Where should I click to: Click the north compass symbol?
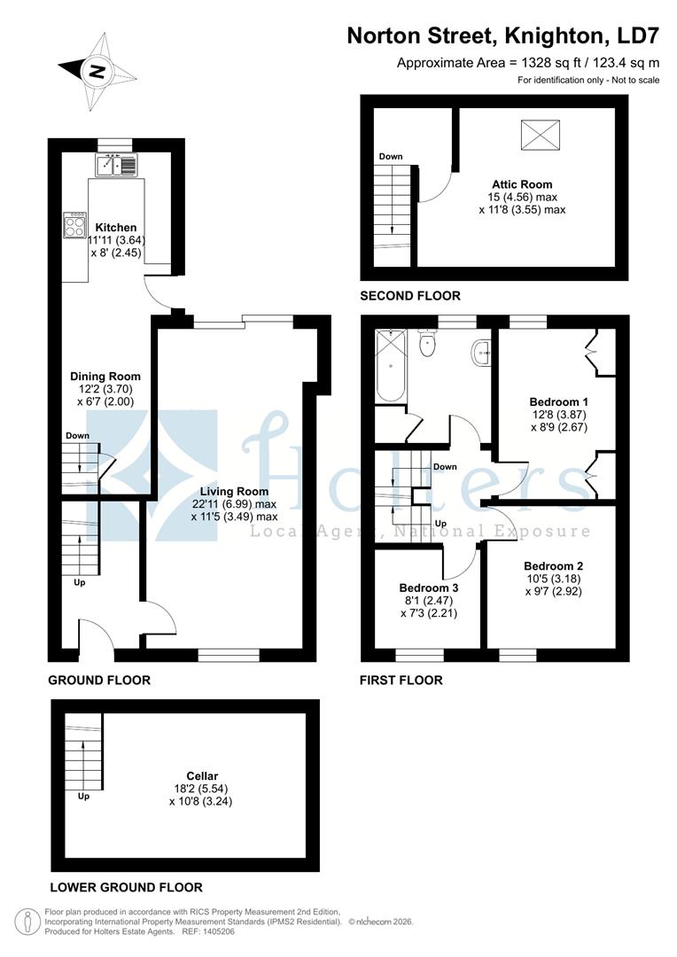pos(95,70)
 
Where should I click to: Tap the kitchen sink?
pos(118,164)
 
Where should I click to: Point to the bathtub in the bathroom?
pos(391,365)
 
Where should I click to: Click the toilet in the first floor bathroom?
pos(427,343)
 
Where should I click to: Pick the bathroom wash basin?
pos(484,353)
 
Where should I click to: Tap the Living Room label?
pos(234,491)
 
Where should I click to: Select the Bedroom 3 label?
pos(429,587)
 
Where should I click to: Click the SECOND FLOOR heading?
pos(410,296)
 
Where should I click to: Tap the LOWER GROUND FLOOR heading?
pos(126,887)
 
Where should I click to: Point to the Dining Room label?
pos(105,376)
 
